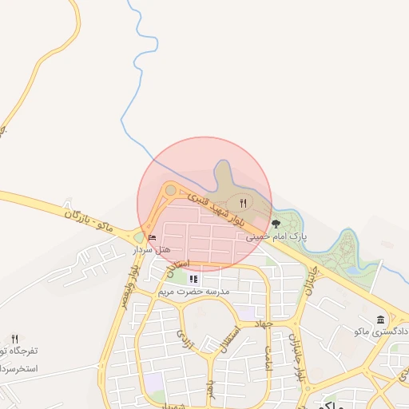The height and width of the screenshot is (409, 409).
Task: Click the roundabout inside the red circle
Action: coord(170,190)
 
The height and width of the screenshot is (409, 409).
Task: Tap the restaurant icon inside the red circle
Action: coord(243,203)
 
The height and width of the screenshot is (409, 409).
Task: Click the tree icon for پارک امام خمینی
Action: coord(276,224)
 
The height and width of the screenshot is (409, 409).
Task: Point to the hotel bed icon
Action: coord(152,237)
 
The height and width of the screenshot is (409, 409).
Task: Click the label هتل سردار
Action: coord(152,249)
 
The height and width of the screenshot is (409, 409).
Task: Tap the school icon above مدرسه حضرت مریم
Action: coord(193,279)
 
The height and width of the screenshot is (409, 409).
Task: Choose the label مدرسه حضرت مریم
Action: coord(193,292)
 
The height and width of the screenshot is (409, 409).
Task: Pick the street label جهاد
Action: coord(263,324)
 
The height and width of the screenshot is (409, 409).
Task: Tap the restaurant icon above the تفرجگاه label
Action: coord(14,340)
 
